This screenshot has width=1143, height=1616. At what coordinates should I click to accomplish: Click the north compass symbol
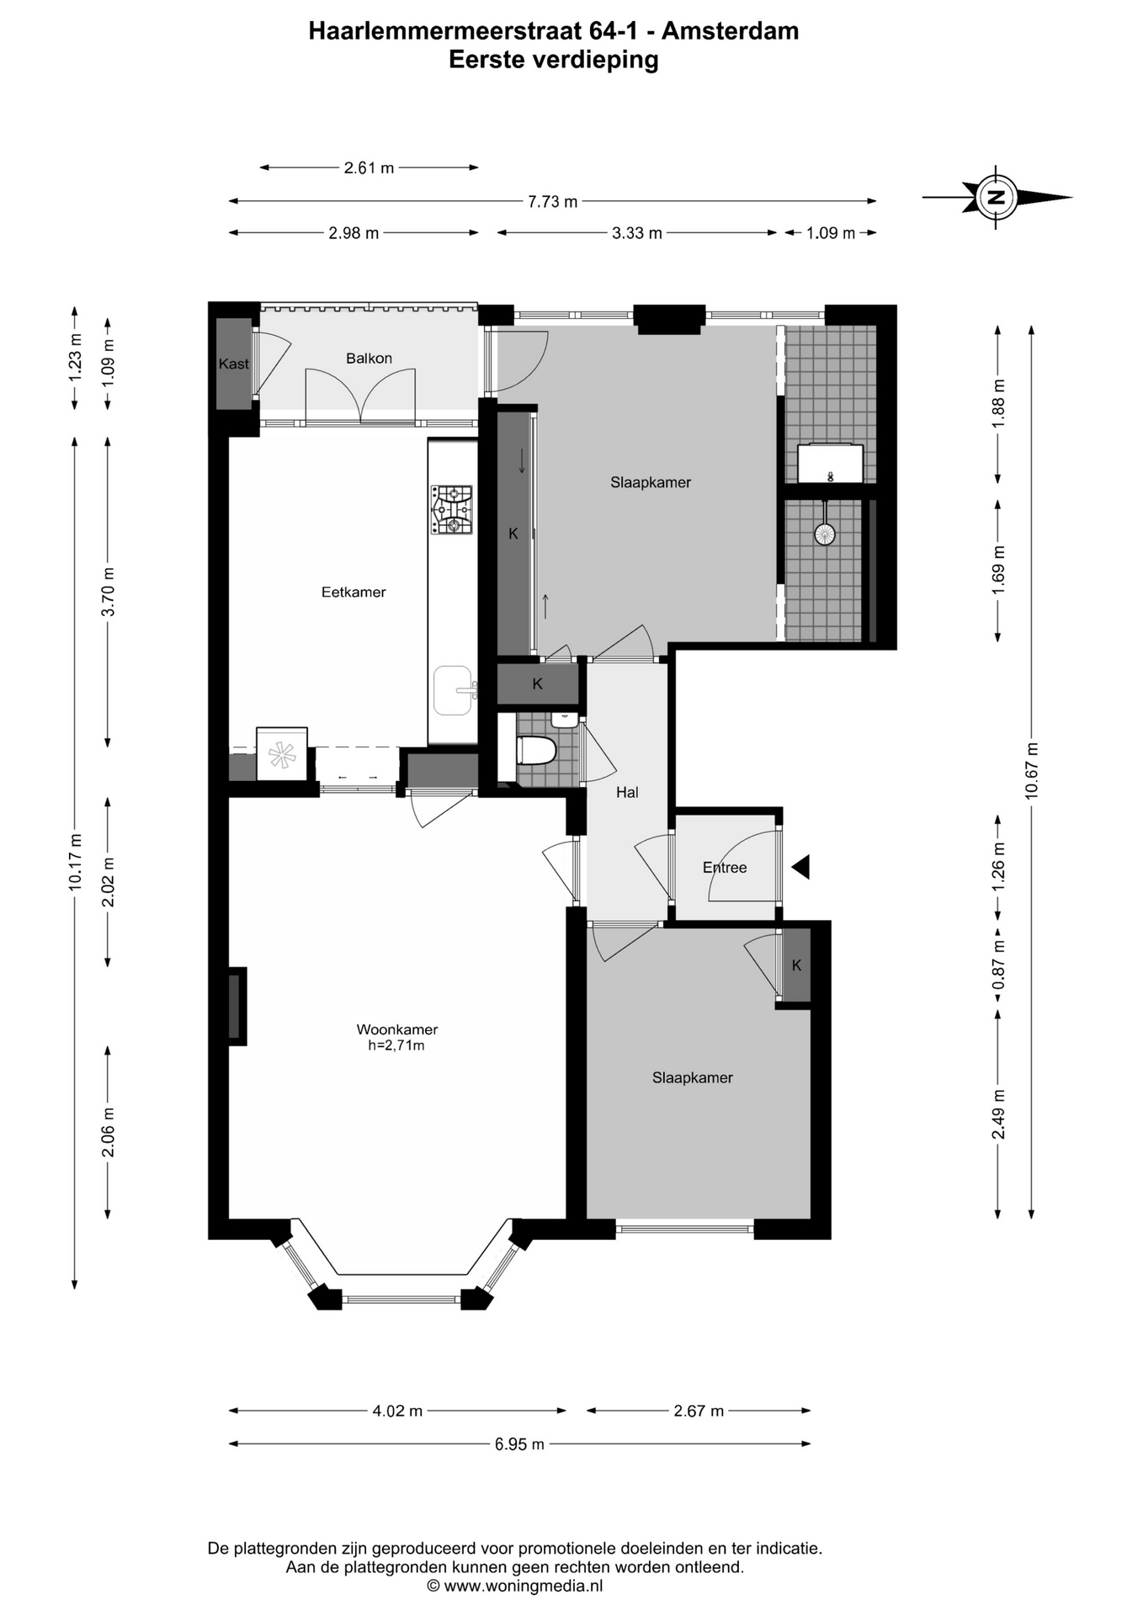997,198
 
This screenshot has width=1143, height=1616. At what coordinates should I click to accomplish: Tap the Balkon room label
369,359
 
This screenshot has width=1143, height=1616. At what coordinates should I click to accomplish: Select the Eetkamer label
354,593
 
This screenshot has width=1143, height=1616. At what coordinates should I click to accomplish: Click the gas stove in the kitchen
452,510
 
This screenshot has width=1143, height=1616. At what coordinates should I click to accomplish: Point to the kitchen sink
455,690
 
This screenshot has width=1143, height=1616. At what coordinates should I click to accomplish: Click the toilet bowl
536,750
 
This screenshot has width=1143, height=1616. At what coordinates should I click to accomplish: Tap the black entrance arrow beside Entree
800,867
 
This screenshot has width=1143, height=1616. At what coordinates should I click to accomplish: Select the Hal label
627,792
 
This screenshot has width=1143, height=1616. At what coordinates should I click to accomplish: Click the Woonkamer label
397,1029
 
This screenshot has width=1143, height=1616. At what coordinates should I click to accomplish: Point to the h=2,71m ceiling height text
396,1046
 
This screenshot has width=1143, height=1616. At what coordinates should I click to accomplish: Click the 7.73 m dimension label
553,202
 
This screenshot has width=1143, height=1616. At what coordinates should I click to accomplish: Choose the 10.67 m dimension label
1032,770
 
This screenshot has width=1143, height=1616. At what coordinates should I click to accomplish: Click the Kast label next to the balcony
234,364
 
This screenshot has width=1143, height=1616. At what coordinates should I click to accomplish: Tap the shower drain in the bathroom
825,533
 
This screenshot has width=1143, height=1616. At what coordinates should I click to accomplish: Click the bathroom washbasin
830,464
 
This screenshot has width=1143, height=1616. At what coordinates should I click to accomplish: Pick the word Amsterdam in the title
731,31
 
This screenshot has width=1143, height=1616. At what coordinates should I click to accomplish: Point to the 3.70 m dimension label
109,592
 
